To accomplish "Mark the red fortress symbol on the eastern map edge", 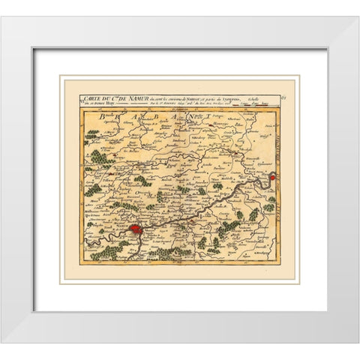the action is tap(273, 178).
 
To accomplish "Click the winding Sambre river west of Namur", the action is tap(105, 238).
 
